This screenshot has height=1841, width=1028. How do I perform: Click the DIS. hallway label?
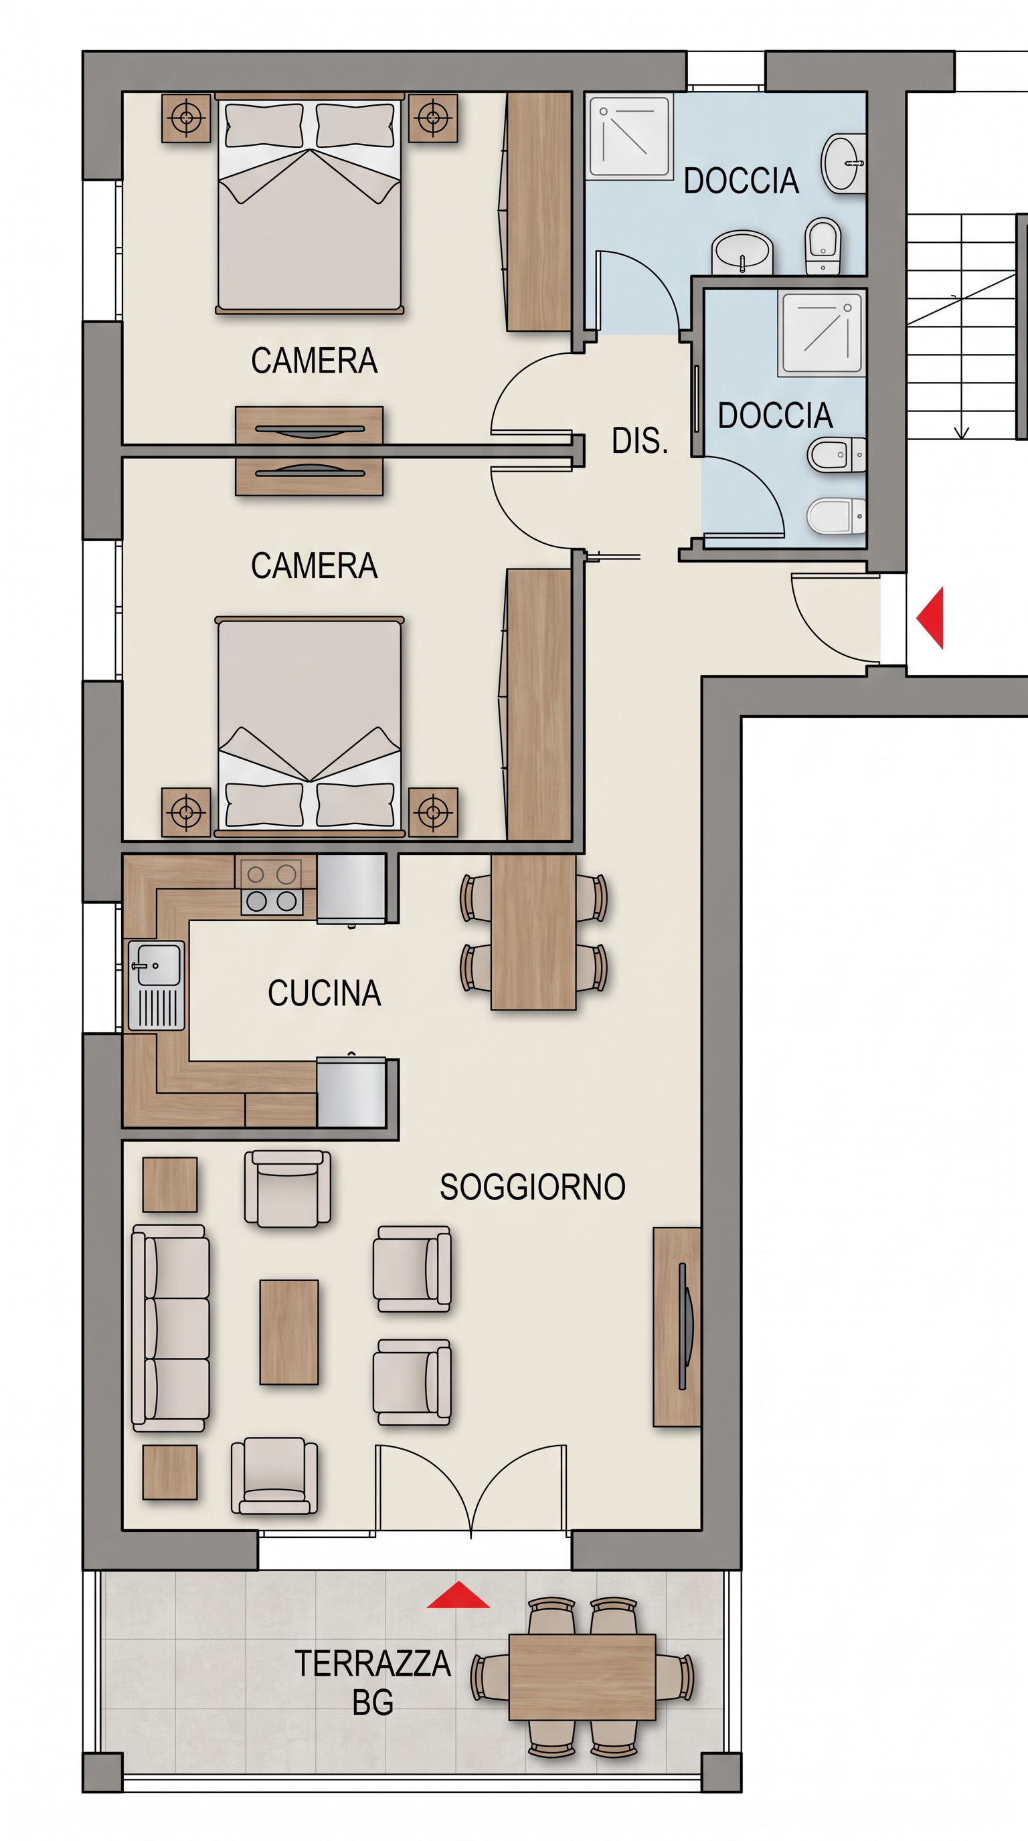pyautogui.click(x=640, y=441)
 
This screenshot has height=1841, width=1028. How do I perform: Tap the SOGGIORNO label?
pyautogui.click(x=533, y=1187)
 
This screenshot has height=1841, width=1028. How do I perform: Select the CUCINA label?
pyautogui.click(x=324, y=993)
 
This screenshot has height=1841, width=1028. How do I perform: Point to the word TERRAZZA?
pyautogui.click(x=373, y=1664)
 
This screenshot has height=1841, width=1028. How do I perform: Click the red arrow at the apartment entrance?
pyautogui.click(x=930, y=618)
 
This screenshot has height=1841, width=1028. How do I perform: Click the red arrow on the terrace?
pyautogui.click(x=458, y=1594)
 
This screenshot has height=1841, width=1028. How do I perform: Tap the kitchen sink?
pyautogui.click(x=157, y=985)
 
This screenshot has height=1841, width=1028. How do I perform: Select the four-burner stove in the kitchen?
pyautogui.click(x=272, y=887)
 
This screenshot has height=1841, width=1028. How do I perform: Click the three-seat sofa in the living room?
pyautogui.click(x=170, y=1328)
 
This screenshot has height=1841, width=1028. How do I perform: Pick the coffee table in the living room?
pyautogui.click(x=289, y=1332)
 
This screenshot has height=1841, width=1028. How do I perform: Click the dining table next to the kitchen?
pyautogui.click(x=533, y=932)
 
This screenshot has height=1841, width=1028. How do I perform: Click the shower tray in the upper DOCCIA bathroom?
pyautogui.click(x=630, y=136)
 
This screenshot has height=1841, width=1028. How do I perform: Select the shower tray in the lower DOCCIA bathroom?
pyautogui.click(x=822, y=332)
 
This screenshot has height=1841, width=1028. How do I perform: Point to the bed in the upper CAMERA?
pyautogui.click(x=310, y=203)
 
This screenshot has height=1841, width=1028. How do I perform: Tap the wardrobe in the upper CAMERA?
pyautogui.click(x=538, y=211)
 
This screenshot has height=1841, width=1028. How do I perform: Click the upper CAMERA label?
pyautogui.click(x=314, y=361)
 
